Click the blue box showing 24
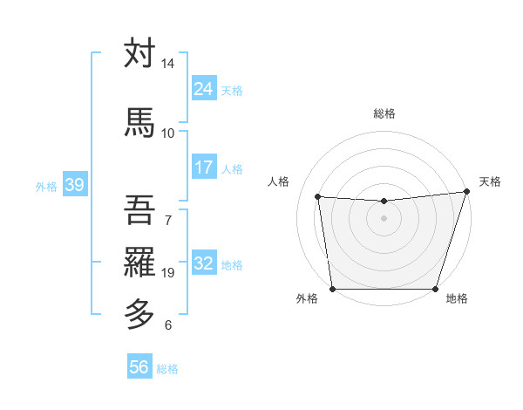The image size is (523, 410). click(x=203, y=88)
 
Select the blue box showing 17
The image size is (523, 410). click(x=203, y=167)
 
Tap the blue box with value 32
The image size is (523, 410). click(x=203, y=263)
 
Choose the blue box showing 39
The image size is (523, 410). click(x=74, y=185)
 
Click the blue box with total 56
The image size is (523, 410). click(x=139, y=367)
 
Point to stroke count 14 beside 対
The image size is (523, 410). click(x=167, y=65)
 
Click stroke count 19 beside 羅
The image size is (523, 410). click(x=168, y=273)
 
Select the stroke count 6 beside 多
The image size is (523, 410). click(x=168, y=325)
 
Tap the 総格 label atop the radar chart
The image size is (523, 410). click(x=384, y=113)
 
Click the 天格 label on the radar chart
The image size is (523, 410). click(x=490, y=181)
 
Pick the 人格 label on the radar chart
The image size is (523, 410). click(x=278, y=181)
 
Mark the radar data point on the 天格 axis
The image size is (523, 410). click(x=467, y=192)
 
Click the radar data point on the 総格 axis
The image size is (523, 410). click(x=384, y=202)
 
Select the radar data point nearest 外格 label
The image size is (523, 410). click(x=332, y=289)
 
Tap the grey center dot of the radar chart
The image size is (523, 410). click(x=384, y=218)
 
